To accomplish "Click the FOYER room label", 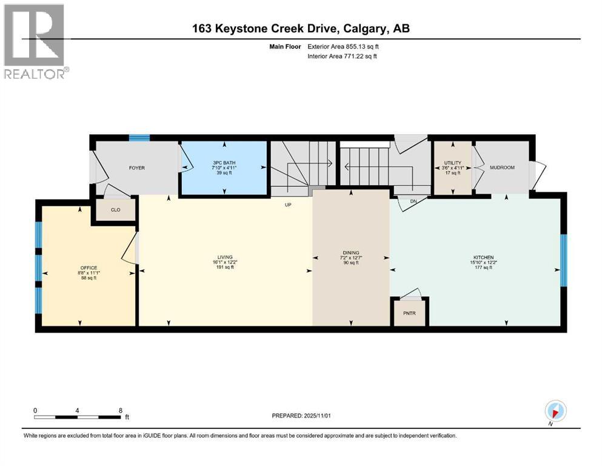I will [x=136, y=167].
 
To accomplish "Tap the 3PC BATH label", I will [x=224, y=163].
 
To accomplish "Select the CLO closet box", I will [x=115, y=210].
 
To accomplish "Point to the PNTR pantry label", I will [x=409, y=314].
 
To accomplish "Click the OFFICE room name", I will [x=89, y=268].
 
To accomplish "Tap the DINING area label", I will [x=350, y=252].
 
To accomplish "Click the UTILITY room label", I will [x=452, y=163].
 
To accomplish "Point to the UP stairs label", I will [x=289, y=205].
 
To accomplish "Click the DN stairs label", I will [x=413, y=201].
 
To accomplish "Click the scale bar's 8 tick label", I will [x=120, y=410].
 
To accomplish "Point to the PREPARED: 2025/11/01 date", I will [x=306, y=416].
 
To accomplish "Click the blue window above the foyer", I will [x=139, y=138].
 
